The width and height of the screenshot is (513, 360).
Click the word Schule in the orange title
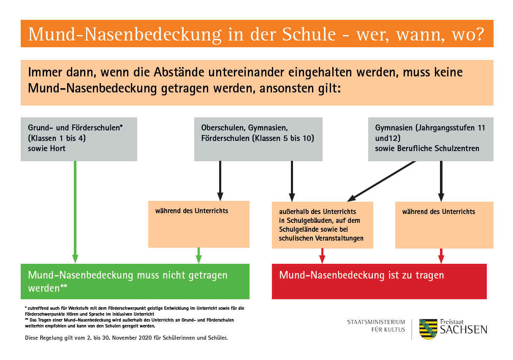point(309,34)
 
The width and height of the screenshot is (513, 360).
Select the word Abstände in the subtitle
point(179,72)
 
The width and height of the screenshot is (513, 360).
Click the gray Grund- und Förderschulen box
point(79,139)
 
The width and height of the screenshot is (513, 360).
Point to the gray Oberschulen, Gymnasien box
point(258,139)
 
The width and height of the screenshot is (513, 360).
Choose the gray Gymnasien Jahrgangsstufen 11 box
point(431,139)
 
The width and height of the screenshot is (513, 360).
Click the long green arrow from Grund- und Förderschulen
point(75,212)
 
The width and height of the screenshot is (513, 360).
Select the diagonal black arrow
point(382,181)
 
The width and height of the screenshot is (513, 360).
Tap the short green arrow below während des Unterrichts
point(198,255)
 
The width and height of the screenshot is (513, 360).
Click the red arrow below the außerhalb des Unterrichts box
point(322,256)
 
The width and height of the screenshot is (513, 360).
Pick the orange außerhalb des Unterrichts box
point(323,225)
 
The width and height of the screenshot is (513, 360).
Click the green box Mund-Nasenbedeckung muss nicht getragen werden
point(135,281)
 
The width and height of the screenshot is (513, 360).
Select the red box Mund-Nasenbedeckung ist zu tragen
point(379,281)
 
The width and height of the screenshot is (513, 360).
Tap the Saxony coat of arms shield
point(428,329)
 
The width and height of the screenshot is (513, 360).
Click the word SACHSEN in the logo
point(464,330)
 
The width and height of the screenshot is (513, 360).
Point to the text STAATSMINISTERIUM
point(376,322)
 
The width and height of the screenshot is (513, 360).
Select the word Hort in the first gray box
point(58,149)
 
